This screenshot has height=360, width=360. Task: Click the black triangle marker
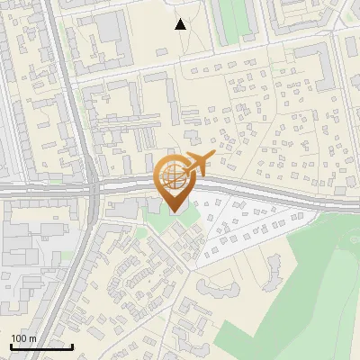pyautogui.click(x=181, y=24)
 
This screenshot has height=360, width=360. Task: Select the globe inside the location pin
pyautogui.click(x=172, y=175)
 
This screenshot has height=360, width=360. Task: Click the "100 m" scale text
pyautogui.click(x=23, y=338)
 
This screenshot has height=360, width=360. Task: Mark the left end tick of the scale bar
pyautogui.click(x=11, y=346)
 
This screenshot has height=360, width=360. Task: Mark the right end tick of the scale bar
pyautogui.click(x=72, y=346)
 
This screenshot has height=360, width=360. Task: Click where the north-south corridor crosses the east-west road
pyautogui.click(x=93, y=190)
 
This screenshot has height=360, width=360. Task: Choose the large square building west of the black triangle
pyautogui.click(x=112, y=27)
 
